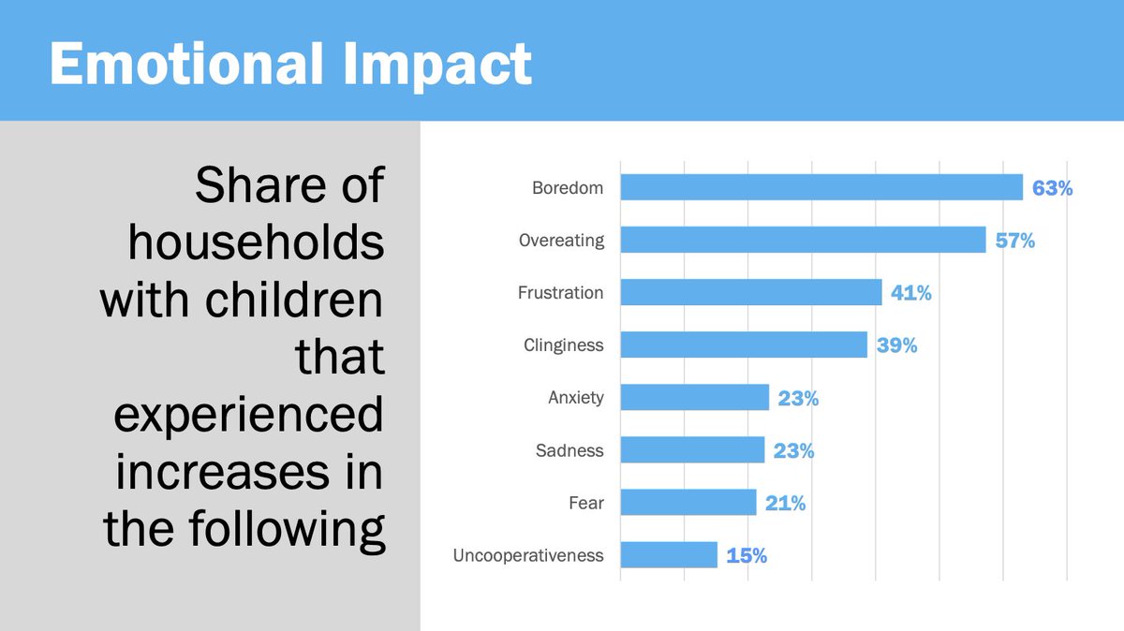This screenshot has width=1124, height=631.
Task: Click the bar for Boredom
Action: (x=821, y=187)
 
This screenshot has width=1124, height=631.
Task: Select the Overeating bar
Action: (x=803, y=240)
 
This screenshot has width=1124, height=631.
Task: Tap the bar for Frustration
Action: (x=751, y=292)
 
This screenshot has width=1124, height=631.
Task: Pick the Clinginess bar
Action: (x=744, y=345)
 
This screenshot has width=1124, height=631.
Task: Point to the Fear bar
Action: (x=688, y=503)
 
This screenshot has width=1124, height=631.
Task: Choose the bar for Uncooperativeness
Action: (x=669, y=555)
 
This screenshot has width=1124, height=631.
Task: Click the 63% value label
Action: (x=1052, y=188)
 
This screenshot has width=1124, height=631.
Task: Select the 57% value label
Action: (x=1014, y=241)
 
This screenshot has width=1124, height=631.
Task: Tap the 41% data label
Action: (x=910, y=293)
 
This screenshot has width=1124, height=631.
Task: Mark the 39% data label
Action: (x=896, y=345)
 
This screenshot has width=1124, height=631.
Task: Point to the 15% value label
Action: (x=747, y=556)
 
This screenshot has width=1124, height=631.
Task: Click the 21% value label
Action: (x=785, y=504)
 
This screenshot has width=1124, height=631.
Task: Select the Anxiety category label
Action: (x=576, y=398)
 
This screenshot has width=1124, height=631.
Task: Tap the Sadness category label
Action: (x=569, y=450)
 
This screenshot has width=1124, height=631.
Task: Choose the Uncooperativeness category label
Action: (x=528, y=555)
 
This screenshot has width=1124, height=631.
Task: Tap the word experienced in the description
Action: (x=248, y=416)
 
